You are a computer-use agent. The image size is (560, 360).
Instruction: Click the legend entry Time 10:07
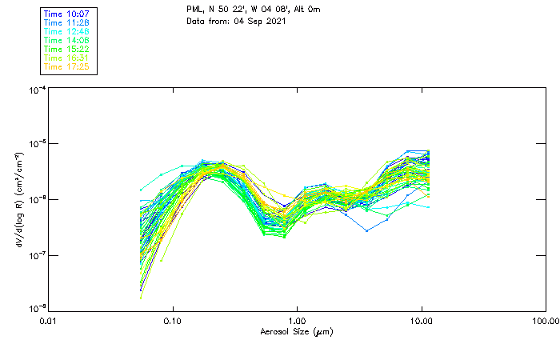67,14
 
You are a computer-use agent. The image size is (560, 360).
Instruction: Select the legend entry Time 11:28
67,22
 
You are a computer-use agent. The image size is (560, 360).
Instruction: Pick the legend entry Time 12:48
67,31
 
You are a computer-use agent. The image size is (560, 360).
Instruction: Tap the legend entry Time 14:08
67,40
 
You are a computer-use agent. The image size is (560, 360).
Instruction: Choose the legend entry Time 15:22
67,49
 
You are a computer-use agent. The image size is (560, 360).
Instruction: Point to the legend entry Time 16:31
67,58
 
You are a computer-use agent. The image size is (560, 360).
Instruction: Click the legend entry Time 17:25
67,66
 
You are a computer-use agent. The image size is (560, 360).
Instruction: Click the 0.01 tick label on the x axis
49,322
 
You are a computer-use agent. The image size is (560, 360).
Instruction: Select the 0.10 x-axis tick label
173,322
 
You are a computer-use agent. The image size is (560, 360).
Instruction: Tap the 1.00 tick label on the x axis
298,322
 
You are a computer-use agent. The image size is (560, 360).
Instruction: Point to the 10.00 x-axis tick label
422,322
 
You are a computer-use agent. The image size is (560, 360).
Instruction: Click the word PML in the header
194,9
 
